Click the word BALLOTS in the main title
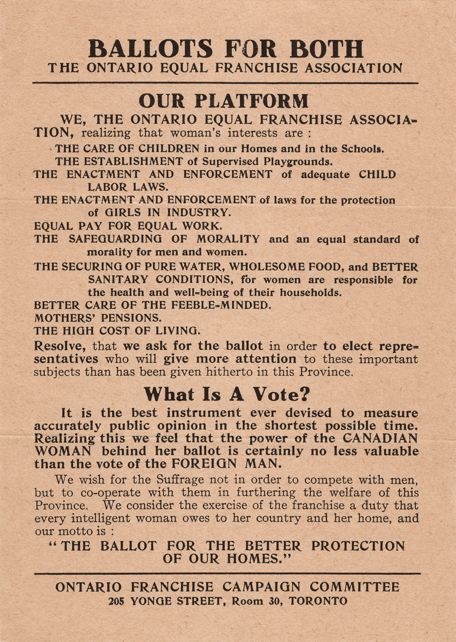tap(150, 49)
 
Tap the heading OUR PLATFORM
tap(223, 101)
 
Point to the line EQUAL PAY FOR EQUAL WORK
tap(128, 226)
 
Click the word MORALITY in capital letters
tap(228, 239)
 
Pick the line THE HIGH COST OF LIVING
tap(117, 331)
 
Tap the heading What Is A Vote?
tap(227, 395)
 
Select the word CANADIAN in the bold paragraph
tap(380, 438)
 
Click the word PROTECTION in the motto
tap(358, 546)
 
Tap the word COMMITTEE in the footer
tap(354, 587)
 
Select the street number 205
tap(116, 601)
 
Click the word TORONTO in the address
tap(318, 601)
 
